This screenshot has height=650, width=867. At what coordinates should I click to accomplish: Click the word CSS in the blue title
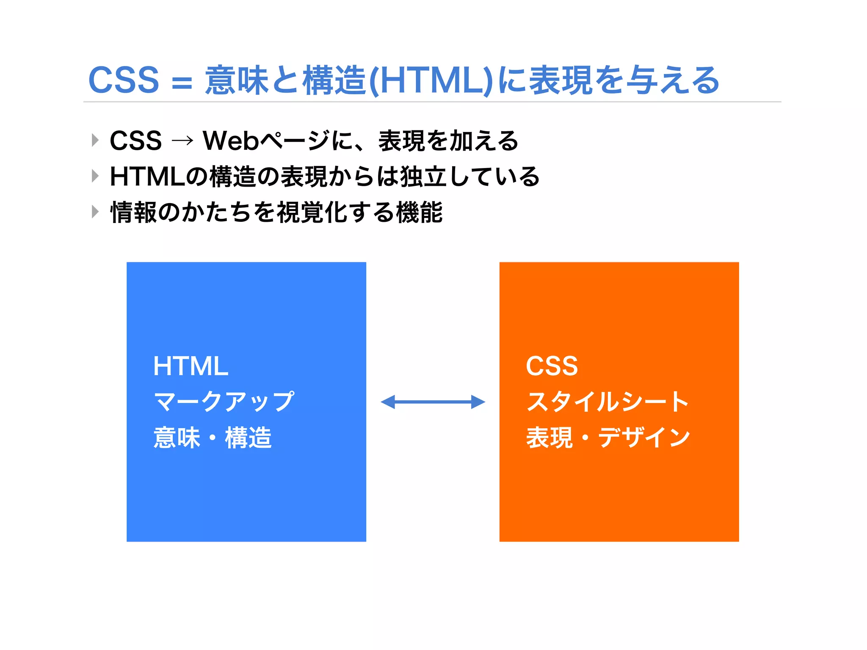(x=124, y=80)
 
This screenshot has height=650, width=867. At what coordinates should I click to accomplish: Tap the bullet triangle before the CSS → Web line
(x=95, y=140)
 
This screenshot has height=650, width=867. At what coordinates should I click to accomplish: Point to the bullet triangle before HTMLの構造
(x=95, y=176)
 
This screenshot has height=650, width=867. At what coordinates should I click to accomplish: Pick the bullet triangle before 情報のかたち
(x=95, y=212)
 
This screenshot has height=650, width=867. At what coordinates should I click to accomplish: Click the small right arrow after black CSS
(x=182, y=141)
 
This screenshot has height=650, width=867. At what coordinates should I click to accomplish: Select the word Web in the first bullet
(x=231, y=140)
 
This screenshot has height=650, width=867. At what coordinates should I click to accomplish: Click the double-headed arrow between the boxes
(x=433, y=402)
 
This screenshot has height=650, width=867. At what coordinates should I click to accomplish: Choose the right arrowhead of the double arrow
(x=478, y=402)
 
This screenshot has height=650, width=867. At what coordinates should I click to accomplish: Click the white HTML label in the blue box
(x=191, y=366)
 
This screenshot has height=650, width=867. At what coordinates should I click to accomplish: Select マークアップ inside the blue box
(x=224, y=402)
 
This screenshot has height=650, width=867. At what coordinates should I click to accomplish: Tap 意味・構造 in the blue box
(x=213, y=438)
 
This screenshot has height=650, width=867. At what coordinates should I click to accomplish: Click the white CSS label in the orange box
(x=552, y=366)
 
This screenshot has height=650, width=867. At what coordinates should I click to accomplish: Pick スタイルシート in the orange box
(x=607, y=402)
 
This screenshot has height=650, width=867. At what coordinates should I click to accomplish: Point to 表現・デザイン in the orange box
(x=608, y=438)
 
